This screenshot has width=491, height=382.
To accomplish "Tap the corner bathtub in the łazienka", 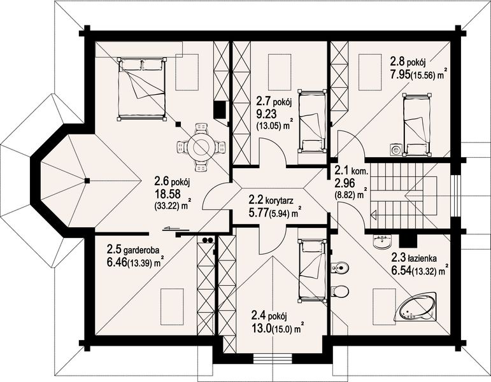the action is pyautogui.click(x=418, y=307).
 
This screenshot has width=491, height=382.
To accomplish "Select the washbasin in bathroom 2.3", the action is pyautogui.click(x=382, y=241).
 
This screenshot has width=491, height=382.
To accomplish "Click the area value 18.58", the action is pyautogui.click(x=167, y=194).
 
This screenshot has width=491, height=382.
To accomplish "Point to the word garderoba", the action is pyautogui.click(x=142, y=250).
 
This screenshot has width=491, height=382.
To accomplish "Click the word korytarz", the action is pyautogui.click(x=280, y=201).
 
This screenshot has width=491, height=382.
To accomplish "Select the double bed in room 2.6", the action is pyautogui.click(x=141, y=88).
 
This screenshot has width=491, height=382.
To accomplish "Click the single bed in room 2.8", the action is pyautogui.click(x=417, y=124).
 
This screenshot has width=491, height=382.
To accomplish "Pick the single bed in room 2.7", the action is pyautogui.click(x=312, y=122).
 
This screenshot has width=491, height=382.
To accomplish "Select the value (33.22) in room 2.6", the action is pyautogui.click(x=167, y=206).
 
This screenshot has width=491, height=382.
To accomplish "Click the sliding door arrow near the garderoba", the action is pyautogui.click(x=171, y=229).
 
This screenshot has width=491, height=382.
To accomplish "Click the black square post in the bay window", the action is pyautogui.click(x=87, y=180).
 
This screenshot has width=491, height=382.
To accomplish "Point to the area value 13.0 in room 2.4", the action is pyautogui.click(x=262, y=329).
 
